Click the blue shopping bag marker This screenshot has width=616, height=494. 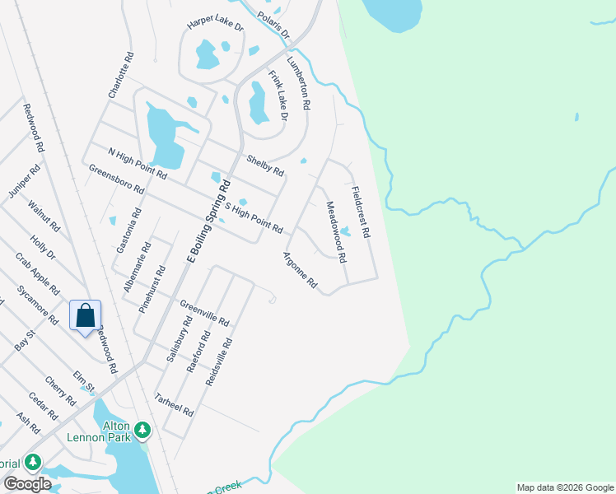(x=85, y=315)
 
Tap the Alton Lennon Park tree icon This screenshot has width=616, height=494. (x=142, y=430)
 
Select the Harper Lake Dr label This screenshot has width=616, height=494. (x=216, y=26)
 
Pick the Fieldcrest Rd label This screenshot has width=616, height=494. (x=361, y=212)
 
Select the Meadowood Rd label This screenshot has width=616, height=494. (x=335, y=232)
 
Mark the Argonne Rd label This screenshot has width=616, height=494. (x=301, y=270)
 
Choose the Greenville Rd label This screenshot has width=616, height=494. (x=204, y=313)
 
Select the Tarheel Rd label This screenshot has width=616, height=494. (x=175, y=404)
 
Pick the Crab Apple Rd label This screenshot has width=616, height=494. (x=37, y=274)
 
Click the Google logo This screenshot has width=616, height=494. (x=27, y=484)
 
